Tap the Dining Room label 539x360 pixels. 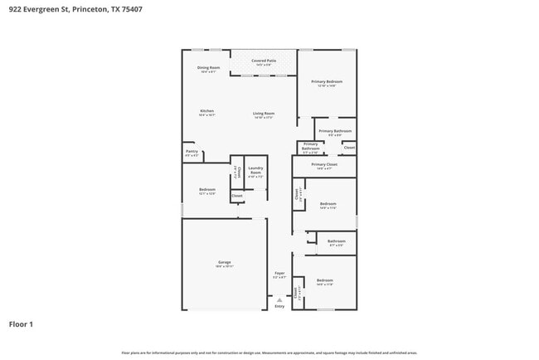click(x=208, y=67)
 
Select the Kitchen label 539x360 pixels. click(x=206, y=111)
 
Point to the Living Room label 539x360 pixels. click(x=264, y=114)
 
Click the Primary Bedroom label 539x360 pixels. click(x=327, y=81)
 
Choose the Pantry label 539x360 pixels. click(x=192, y=152)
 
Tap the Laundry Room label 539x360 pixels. click(x=255, y=172)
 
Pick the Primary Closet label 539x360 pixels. click(x=324, y=164)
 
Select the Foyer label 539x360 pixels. click(x=280, y=273)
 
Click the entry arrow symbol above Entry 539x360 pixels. click(x=279, y=300)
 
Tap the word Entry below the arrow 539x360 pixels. click(x=279, y=307)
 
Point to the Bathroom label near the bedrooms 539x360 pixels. click(x=337, y=241)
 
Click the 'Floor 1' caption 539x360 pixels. click(x=22, y=324)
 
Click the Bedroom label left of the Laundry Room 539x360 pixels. click(x=207, y=190)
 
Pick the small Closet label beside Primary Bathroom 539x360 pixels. click(x=349, y=148)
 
